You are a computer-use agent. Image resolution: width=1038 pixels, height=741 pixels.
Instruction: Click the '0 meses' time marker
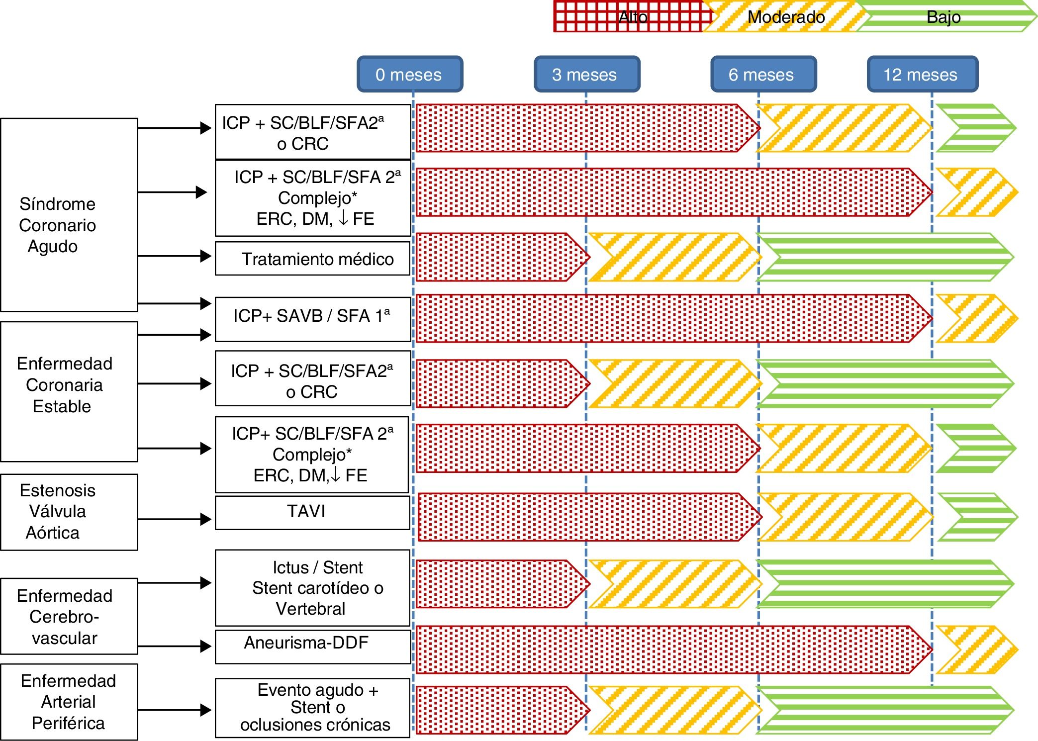pos(410,74)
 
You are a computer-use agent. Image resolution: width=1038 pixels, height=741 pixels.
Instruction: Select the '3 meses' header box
pos(586,74)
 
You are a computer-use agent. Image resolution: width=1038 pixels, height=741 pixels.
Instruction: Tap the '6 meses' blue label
pos(763,74)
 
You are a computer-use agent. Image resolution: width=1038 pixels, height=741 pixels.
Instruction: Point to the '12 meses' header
pos(922,74)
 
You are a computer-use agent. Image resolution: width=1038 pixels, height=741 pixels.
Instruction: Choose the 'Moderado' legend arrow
pos(786,17)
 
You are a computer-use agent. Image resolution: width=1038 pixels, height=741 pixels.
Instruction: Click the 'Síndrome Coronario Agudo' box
pos(69,215)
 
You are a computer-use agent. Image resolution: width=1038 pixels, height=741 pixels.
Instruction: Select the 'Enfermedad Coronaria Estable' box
pos(69,391)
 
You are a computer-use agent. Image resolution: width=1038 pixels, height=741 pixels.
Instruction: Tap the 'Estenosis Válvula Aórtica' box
pos(69,512)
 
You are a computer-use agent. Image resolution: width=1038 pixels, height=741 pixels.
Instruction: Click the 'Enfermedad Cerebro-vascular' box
pos(69,616)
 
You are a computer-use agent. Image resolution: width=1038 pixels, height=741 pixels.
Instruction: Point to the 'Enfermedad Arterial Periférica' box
pos(69,702)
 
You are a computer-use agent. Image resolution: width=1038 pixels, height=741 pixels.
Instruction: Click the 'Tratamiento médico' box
pos(312,259)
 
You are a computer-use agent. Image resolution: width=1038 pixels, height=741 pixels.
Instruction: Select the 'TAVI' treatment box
pos(312,512)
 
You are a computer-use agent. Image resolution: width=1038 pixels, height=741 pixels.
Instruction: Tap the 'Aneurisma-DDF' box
pos(312,646)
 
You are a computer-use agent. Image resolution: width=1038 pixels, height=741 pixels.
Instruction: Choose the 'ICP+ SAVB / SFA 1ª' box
pos(312,319)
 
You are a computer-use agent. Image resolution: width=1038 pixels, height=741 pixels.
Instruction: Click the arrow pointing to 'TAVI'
pos(175,519)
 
